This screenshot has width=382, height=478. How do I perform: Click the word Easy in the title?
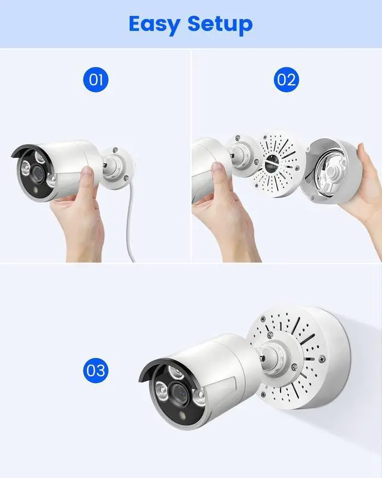point(154,24)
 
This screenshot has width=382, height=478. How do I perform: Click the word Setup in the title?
point(220,24)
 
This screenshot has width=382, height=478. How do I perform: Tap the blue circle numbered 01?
point(95,79)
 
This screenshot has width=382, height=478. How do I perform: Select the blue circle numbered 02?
point(286,79)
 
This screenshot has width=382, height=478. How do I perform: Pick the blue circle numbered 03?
point(95,370)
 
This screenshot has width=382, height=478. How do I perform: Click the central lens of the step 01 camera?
point(38,173)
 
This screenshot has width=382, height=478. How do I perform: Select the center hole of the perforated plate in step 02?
point(270,164)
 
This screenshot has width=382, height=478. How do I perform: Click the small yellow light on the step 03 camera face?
point(183,415)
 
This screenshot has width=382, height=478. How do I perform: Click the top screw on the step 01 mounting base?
point(115,150)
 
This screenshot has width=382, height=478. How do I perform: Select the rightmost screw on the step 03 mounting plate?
point(322,359)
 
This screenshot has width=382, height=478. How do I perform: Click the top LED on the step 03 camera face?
point(177,372)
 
